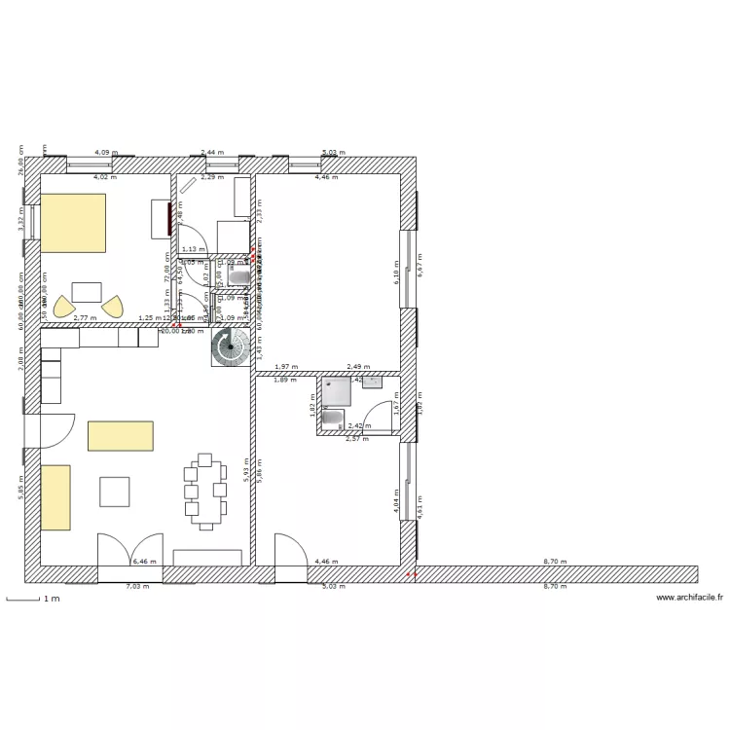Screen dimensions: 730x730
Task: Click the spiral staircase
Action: pos(231,347)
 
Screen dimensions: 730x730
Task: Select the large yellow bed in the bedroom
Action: pos(72,222)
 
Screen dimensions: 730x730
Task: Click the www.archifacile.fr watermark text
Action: pos(689,598)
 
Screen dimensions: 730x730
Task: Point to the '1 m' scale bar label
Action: pos(50,600)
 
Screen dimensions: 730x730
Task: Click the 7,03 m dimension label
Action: pos(138,586)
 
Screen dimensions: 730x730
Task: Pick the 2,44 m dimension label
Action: pos(211,153)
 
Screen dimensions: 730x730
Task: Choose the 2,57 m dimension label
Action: pos(357,439)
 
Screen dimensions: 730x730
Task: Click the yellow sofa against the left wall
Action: pos(55,497)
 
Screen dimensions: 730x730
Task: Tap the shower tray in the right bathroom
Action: pos(339,390)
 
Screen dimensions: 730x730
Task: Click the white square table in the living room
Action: pos(115,492)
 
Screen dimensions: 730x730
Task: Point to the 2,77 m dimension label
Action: pos(86,318)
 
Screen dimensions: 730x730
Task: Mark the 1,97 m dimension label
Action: pos(286,367)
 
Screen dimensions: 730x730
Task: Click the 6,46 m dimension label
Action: pos(144,562)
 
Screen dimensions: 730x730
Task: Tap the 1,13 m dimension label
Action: pos(192,250)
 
